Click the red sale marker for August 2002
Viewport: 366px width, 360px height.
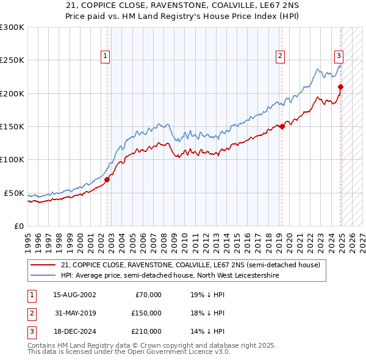[107, 179]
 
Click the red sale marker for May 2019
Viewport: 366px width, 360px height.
[282, 126]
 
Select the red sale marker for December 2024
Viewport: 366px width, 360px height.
[340, 87]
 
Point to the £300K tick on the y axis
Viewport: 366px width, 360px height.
[12, 27]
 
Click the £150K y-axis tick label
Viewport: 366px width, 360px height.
[12, 126]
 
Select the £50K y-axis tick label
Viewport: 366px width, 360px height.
[15, 193]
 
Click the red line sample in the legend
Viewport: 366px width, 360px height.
[43, 265]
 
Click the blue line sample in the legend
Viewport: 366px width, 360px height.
[43, 276]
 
